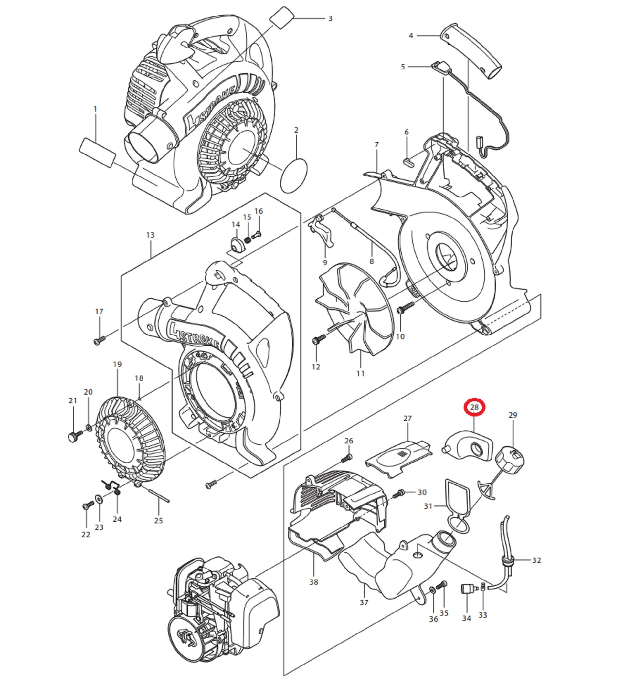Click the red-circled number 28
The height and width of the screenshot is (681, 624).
474,407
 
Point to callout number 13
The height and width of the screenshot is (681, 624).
150,235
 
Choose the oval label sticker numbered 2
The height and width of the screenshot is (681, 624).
294,176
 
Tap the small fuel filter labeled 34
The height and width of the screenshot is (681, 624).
466,589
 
